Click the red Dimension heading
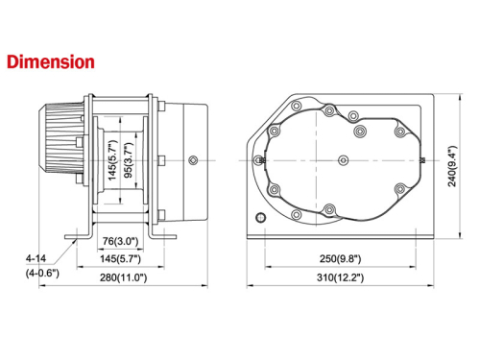pos(50,62)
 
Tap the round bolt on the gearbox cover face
pos(195,159)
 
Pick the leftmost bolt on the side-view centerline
pos(259,159)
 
